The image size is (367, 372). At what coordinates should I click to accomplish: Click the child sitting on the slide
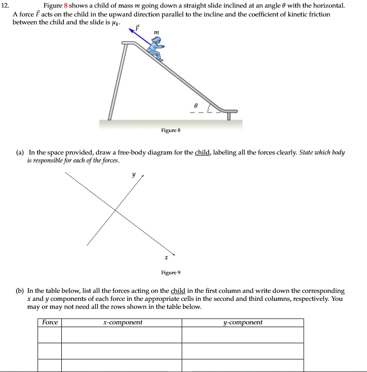point(157,50)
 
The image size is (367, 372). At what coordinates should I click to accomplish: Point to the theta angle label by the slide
point(196,105)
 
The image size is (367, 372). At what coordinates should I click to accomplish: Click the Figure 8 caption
point(171,130)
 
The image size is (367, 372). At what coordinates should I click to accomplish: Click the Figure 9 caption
point(171,272)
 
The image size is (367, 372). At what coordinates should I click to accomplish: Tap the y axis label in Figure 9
point(133,175)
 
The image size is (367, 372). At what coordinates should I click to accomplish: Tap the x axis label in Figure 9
point(166,257)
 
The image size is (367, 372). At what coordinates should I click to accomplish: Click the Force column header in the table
point(50,323)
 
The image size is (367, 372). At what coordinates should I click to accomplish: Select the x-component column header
point(122,323)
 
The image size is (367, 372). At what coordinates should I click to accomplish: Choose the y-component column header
point(242,323)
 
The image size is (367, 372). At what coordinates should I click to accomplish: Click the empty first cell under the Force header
point(50,335)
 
